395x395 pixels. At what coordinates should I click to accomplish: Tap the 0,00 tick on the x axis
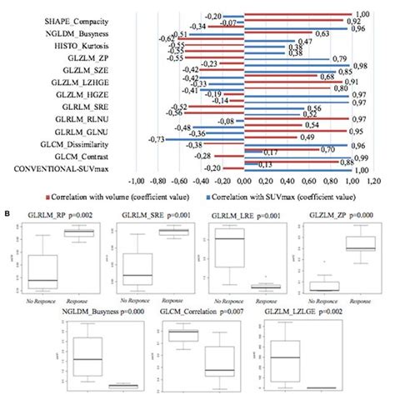[x=242, y=179]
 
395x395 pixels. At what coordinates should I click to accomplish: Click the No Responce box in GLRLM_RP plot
[x=42, y=270]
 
